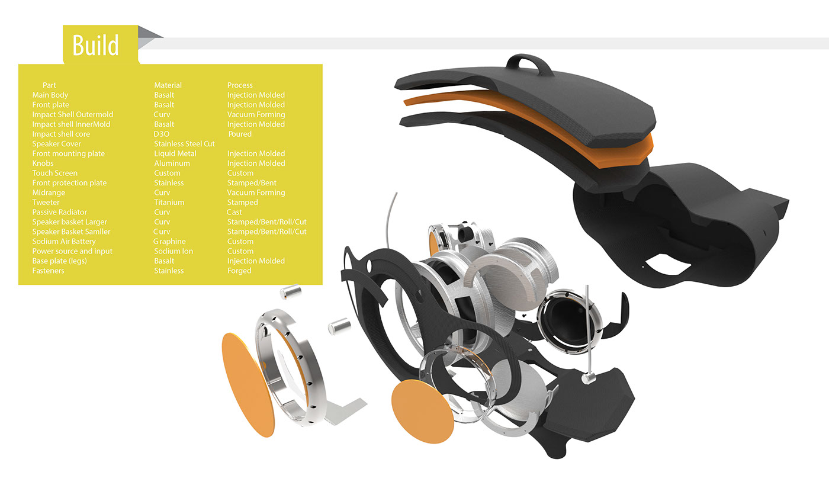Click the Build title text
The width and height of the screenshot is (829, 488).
coord(95,45)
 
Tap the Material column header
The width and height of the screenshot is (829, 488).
coord(168,85)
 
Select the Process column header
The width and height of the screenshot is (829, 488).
coord(240,85)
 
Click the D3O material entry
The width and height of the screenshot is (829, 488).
coord(162,134)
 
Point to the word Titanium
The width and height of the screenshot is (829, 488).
coord(169,202)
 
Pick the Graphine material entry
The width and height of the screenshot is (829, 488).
coord(169,241)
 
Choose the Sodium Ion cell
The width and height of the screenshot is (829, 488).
coord(173,251)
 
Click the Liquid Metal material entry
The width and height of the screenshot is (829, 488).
coord(175,153)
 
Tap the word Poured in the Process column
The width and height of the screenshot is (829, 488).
coord(240,134)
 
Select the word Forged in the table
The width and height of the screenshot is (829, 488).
coord(239,271)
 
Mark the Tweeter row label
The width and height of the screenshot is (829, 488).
coord(46,202)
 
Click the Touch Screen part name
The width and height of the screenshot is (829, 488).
coord(54,173)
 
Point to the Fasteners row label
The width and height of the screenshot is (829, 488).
coord(48,271)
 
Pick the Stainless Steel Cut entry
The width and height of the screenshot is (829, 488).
coord(184,144)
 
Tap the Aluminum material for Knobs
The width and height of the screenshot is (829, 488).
coord(172,163)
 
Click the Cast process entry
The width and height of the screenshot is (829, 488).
coord(234,212)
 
